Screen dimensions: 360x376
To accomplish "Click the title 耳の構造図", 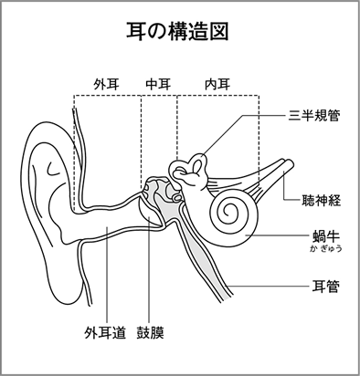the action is (177, 31).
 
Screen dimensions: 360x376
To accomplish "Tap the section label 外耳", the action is (107, 84).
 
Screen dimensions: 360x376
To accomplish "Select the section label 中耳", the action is (158, 84).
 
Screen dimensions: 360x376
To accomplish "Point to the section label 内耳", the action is (217, 84).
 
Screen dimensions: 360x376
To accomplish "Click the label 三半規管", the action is (314, 116).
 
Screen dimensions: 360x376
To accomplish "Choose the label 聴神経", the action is (321, 200).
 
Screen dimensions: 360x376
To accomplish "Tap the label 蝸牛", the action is (326, 235).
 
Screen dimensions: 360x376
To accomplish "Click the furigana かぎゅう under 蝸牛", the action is (326, 248).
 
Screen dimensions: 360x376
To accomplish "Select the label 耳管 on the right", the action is (326, 287).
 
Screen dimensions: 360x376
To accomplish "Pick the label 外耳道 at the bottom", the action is (105, 332).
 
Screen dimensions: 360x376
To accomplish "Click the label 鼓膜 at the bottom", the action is (151, 332).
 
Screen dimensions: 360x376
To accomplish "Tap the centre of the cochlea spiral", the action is (228, 210).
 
